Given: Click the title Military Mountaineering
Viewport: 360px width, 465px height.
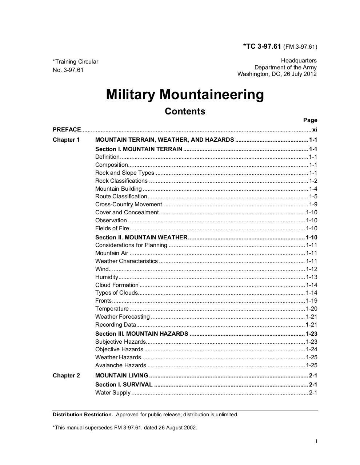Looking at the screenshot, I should [x=185, y=94].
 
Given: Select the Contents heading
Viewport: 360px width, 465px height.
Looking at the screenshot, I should [x=185, y=111].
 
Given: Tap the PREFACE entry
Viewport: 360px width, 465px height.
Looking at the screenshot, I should [x=67, y=130].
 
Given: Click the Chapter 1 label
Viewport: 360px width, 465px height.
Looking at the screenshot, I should [x=66, y=140].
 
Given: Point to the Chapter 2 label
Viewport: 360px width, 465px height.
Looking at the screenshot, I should [x=66, y=376].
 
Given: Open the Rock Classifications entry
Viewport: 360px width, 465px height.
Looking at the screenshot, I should [x=121, y=181].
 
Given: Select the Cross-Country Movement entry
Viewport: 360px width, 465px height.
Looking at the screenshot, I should [x=128, y=205].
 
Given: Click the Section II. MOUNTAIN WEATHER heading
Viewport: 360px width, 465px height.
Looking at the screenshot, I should [x=141, y=238].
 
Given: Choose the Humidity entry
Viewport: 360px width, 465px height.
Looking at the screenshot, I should [x=107, y=277].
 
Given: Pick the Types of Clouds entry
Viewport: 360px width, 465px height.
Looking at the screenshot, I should [x=116, y=293].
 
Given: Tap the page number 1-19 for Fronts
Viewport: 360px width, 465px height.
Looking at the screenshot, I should [x=312, y=301].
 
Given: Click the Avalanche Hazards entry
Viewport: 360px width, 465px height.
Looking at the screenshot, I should [x=121, y=365].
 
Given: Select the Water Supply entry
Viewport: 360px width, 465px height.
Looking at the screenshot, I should [x=113, y=393].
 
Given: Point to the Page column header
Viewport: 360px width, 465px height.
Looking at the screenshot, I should [x=310, y=120].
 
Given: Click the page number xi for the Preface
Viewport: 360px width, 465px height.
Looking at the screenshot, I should [x=315, y=130].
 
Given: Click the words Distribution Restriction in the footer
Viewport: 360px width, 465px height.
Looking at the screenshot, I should [x=83, y=415].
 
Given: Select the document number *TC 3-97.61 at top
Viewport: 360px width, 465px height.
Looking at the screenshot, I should [x=262, y=46].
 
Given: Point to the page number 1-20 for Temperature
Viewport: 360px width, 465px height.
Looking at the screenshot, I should [x=312, y=309].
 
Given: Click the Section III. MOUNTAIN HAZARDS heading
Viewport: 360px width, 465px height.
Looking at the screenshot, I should [x=142, y=334].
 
